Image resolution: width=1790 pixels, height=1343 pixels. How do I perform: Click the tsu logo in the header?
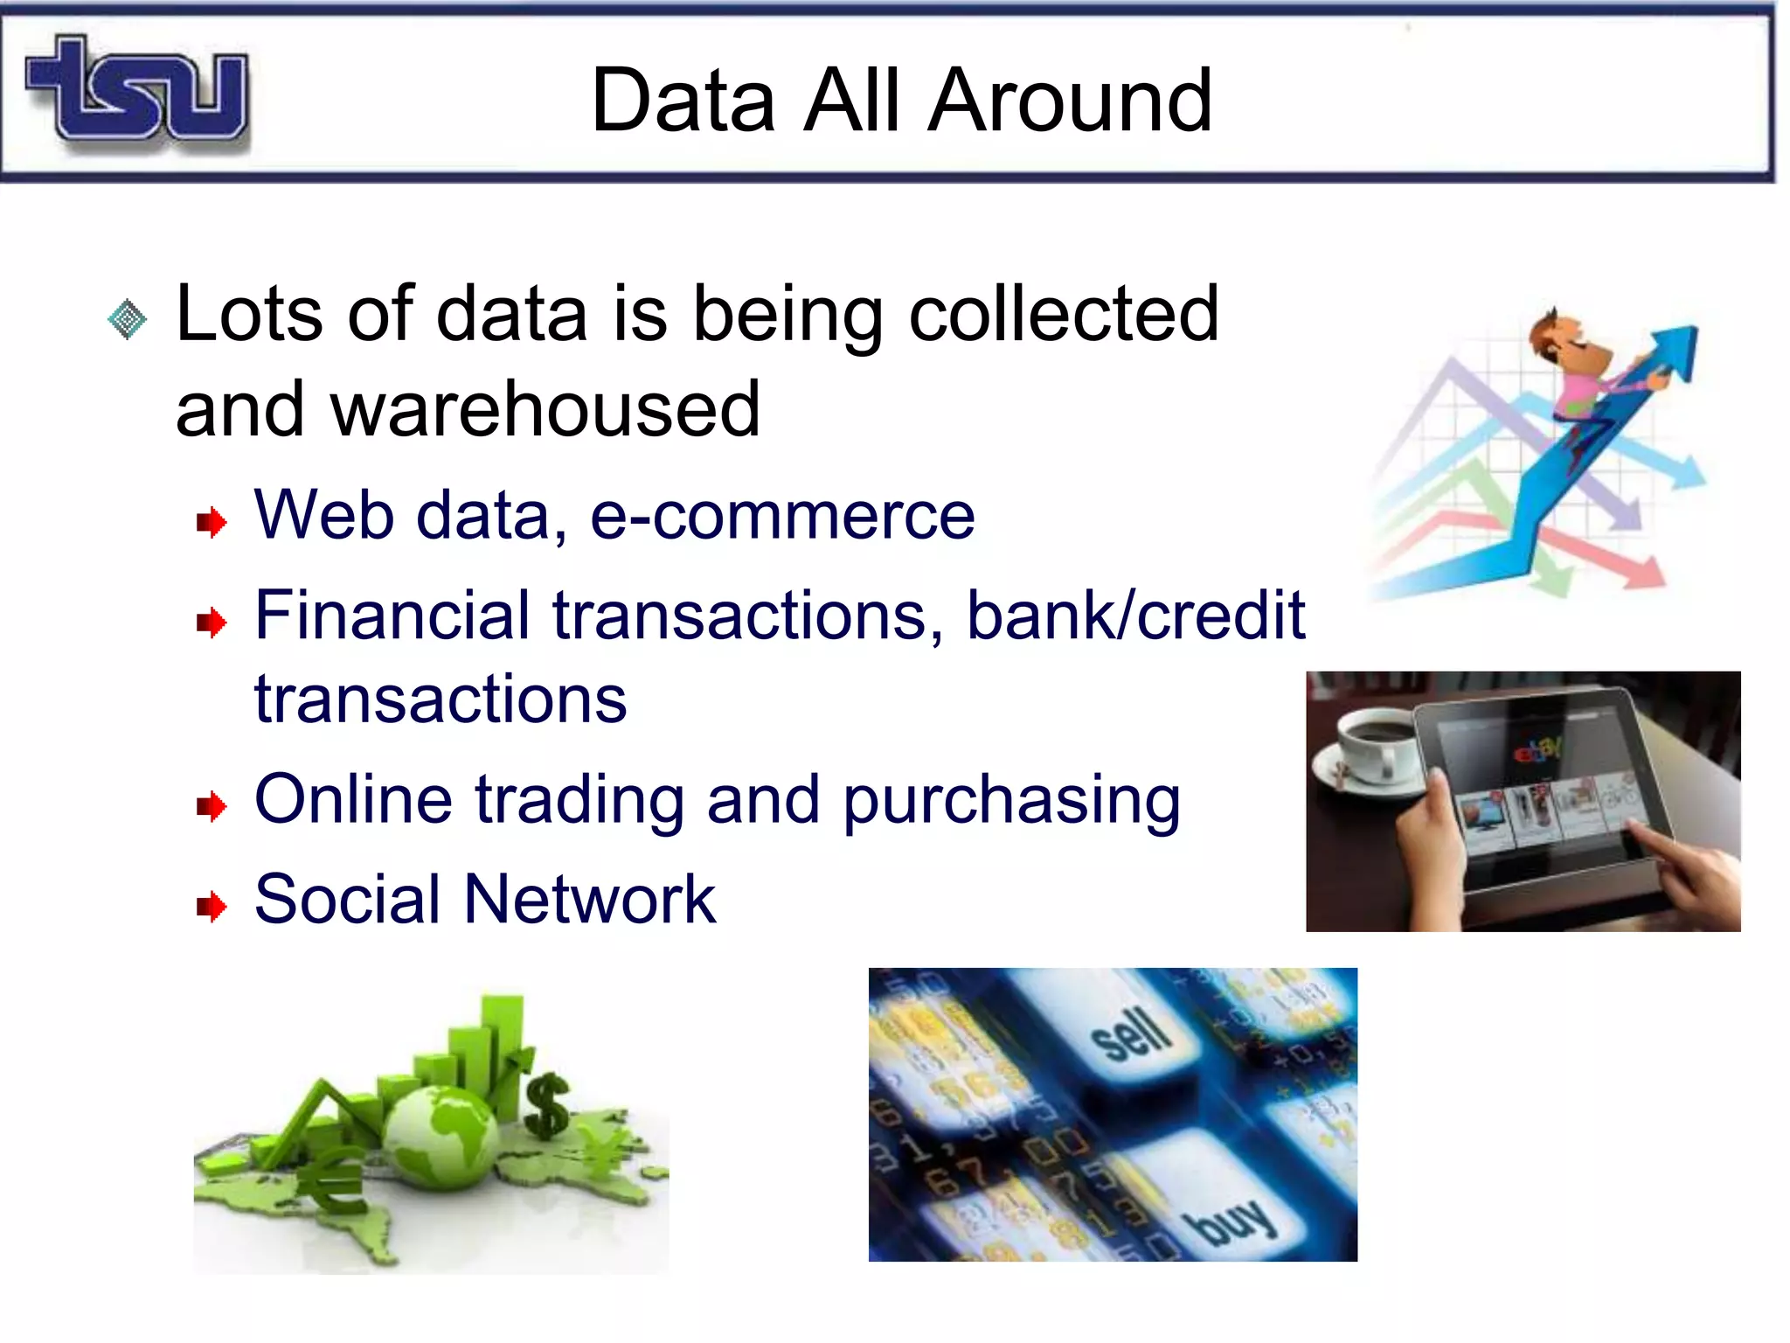138,90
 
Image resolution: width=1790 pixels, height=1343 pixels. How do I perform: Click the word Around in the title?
1070,101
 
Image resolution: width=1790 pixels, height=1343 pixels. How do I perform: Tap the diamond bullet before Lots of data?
128,319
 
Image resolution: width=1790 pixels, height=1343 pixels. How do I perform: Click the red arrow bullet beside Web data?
212,523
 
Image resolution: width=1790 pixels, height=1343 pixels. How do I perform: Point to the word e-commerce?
782,516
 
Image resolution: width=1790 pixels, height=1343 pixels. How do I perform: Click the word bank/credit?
1135,616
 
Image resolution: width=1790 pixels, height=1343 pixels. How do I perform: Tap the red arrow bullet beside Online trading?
212,806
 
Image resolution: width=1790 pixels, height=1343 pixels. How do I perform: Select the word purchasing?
1011,801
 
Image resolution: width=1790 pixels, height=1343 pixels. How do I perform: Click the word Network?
590,900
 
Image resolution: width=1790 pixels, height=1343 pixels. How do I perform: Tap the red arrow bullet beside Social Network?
212,906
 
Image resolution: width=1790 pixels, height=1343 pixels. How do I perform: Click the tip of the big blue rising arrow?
1682,337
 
